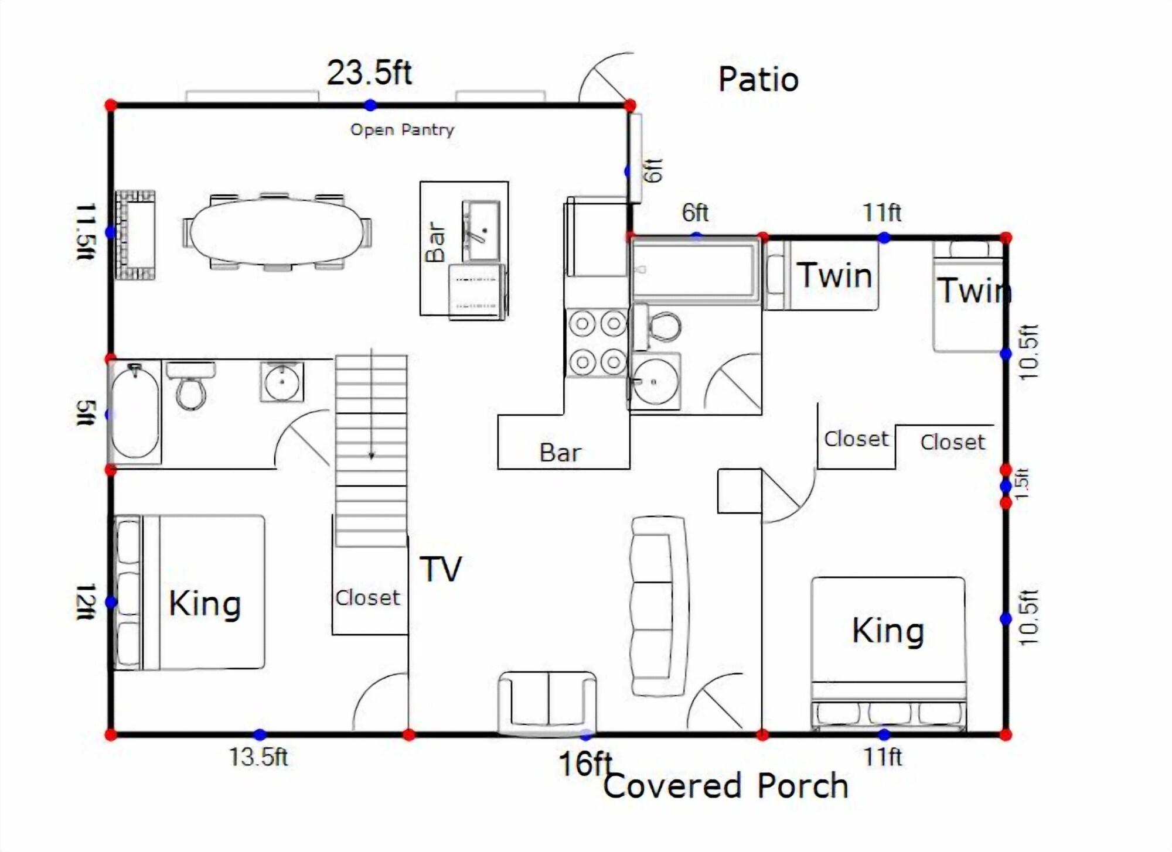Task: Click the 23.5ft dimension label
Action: click(369, 73)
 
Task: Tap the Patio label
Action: click(758, 80)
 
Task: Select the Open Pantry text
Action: click(402, 129)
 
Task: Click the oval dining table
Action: click(276, 232)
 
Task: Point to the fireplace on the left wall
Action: click(135, 235)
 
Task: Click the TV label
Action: click(441, 569)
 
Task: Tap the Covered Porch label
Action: click(725, 786)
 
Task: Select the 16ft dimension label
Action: click(585, 764)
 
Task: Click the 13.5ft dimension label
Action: click(258, 757)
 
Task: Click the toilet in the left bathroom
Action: click(191, 385)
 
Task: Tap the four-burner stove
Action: click(597, 343)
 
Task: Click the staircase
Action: click(371, 450)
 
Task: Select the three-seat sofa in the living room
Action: click(659, 606)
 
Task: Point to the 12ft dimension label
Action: click(86, 601)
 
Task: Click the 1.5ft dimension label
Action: click(1022, 484)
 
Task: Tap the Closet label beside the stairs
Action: click(367, 598)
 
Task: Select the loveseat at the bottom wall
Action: click(547, 703)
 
